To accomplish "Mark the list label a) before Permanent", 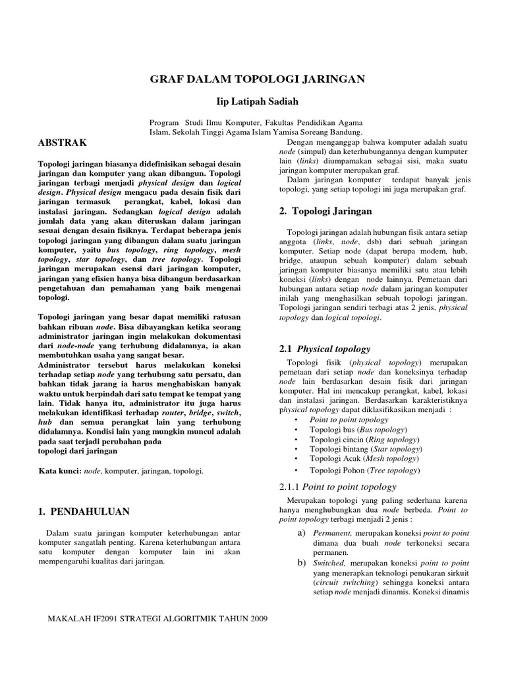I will pyautogui.click(x=301, y=532).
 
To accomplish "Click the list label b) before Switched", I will pyautogui.click(x=301, y=563).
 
